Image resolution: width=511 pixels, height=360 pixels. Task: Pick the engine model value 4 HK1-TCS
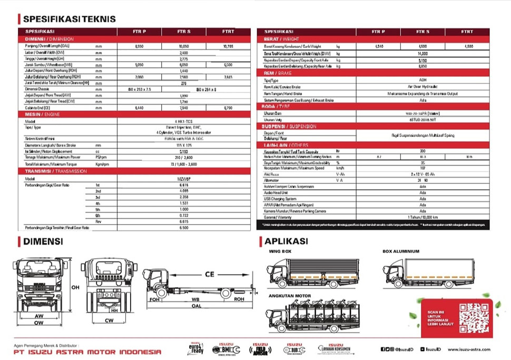point(184,121)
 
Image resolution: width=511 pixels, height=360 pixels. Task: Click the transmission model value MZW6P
point(184,179)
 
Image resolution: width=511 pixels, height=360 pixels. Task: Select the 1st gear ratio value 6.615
point(184,185)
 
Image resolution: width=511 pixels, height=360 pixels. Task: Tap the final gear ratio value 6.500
point(184,228)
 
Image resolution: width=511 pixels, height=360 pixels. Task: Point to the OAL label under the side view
point(197,305)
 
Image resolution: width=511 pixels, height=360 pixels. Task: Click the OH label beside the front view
point(75,287)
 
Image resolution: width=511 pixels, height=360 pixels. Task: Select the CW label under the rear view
point(110,320)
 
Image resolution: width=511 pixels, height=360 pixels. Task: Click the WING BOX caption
point(280,252)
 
